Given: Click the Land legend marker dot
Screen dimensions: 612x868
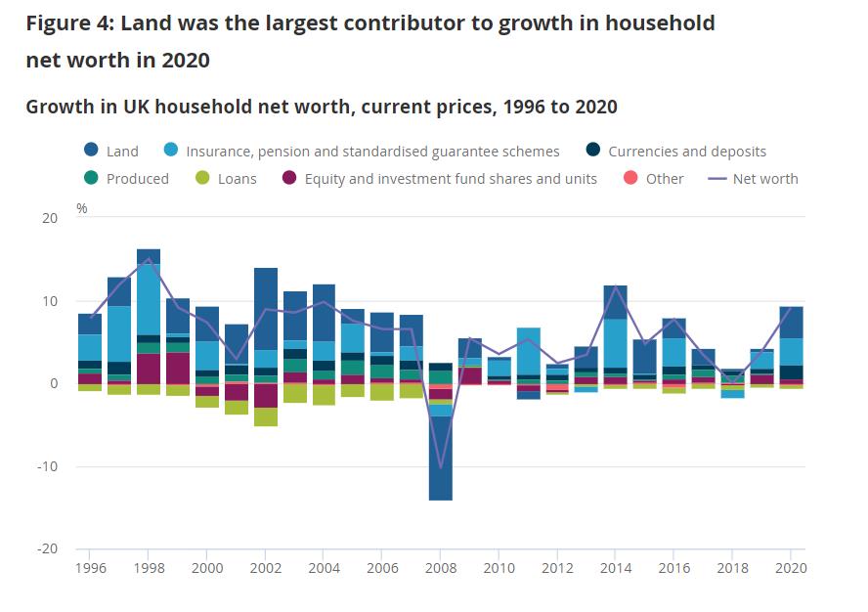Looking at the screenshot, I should click(x=91, y=151).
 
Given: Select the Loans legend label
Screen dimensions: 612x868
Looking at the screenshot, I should click(x=237, y=179).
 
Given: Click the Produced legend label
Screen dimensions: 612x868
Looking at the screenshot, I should click(x=137, y=179).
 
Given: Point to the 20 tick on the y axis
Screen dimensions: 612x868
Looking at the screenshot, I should click(x=50, y=218).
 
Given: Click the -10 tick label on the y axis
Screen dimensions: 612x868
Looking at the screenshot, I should click(x=47, y=466).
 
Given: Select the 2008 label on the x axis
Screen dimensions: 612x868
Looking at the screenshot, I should click(x=441, y=567).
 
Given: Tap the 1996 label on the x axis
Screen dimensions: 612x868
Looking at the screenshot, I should click(x=91, y=567).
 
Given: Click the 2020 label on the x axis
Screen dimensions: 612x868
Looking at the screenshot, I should click(x=791, y=567).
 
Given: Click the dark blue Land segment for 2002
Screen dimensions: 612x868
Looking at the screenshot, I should click(x=266, y=309).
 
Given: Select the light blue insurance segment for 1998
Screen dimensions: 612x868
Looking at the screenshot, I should click(x=149, y=299).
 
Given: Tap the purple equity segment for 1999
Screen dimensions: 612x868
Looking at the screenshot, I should click(x=178, y=368).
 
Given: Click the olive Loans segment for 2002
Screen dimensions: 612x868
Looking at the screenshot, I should click(x=266, y=416).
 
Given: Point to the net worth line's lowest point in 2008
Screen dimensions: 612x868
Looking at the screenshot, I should click(x=441, y=468).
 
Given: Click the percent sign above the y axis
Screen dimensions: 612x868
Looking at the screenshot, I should click(x=82, y=208).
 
